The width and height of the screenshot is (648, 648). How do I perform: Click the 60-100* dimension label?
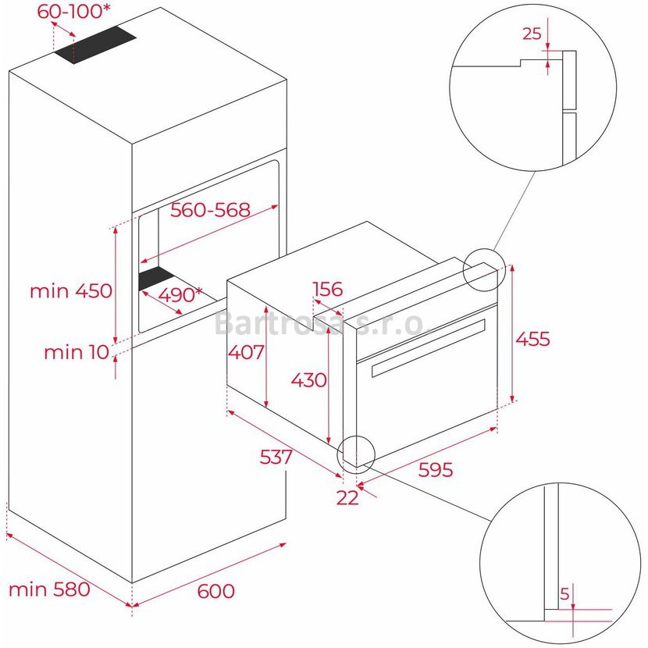(74, 11)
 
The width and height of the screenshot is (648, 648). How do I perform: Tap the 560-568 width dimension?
(210, 210)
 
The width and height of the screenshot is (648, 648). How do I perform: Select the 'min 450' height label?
(71, 291)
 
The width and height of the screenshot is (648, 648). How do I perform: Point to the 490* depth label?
(180, 294)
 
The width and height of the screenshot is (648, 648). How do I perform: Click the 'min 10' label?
(77, 353)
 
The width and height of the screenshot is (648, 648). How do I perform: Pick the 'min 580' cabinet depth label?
(49, 589)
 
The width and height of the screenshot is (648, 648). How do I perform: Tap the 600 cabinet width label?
(215, 591)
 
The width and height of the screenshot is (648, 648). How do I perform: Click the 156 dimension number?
(328, 289)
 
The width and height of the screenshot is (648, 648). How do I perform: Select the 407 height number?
(246, 352)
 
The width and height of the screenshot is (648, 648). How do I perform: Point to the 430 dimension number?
(308, 379)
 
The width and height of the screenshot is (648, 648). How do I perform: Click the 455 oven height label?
(532, 339)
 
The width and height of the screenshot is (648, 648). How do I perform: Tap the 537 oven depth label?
(276, 457)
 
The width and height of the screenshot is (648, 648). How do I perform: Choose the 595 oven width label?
(436, 469)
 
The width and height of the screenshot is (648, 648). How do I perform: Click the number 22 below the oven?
(347, 498)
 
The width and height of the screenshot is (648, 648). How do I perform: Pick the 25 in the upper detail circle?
(532, 34)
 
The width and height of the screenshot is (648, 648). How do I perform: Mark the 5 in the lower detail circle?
(564, 594)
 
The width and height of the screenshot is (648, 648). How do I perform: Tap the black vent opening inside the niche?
(156, 278)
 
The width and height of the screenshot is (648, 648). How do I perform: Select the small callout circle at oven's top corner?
(484, 270)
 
